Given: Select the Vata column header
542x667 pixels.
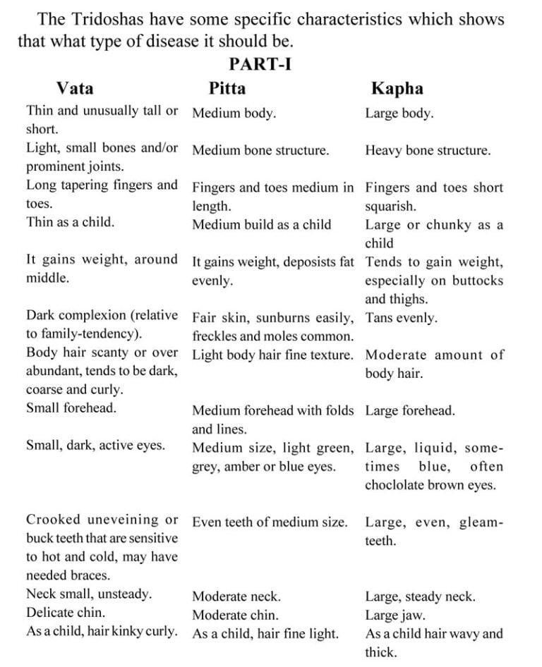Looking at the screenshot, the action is pyautogui.click(x=75, y=88).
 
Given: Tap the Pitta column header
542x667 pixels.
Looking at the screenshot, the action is pyautogui.click(x=227, y=88).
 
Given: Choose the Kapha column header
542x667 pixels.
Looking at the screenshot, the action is pyautogui.click(x=397, y=88).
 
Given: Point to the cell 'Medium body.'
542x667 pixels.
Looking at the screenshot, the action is pyautogui.click(x=234, y=113).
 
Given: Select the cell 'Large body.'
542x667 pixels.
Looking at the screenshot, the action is pyautogui.click(x=399, y=113).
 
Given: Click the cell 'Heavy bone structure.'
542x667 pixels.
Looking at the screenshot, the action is pyautogui.click(x=428, y=150).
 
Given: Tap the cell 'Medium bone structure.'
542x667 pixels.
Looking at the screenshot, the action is pyautogui.click(x=260, y=150).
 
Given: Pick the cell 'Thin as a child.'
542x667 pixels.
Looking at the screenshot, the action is pyautogui.click(x=70, y=222).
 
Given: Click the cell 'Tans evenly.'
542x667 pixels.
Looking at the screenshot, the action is pyautogui.click(x=401, y=318).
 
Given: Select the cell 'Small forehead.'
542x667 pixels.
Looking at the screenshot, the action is pyautogui.click(x=71, y=408).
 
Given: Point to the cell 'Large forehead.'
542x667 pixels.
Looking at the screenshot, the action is pyautogui.click(x=410, y=410).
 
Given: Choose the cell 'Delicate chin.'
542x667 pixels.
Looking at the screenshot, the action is pyautogui.click(x=66, y=613).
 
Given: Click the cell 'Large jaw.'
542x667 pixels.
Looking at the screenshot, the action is pyautogui.click(x=395, y=615).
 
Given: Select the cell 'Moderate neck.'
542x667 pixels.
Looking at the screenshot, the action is pyautogui.click(x=236, y=596).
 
